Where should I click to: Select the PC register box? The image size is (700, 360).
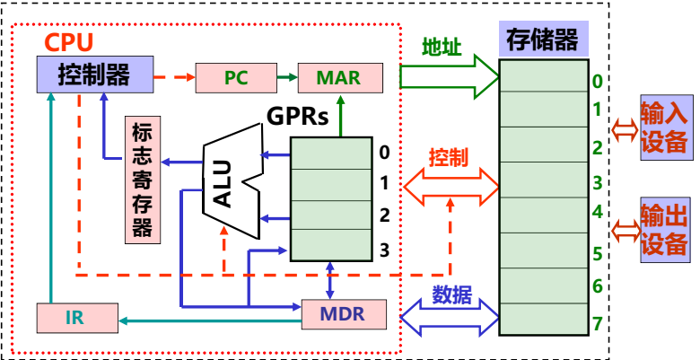[235, 77]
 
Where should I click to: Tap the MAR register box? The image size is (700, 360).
[338, 77]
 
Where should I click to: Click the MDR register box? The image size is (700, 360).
[342, 315]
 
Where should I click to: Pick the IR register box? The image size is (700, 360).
[77, 316]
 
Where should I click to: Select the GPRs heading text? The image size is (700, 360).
[297, 117]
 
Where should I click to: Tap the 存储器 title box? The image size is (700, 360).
[542, 40]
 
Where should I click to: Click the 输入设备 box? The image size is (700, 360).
[664, 127]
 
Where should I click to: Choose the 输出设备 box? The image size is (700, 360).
[664, 230]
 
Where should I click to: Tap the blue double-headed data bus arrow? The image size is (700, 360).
[450, 315]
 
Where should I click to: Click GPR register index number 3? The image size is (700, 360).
[384, 249]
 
